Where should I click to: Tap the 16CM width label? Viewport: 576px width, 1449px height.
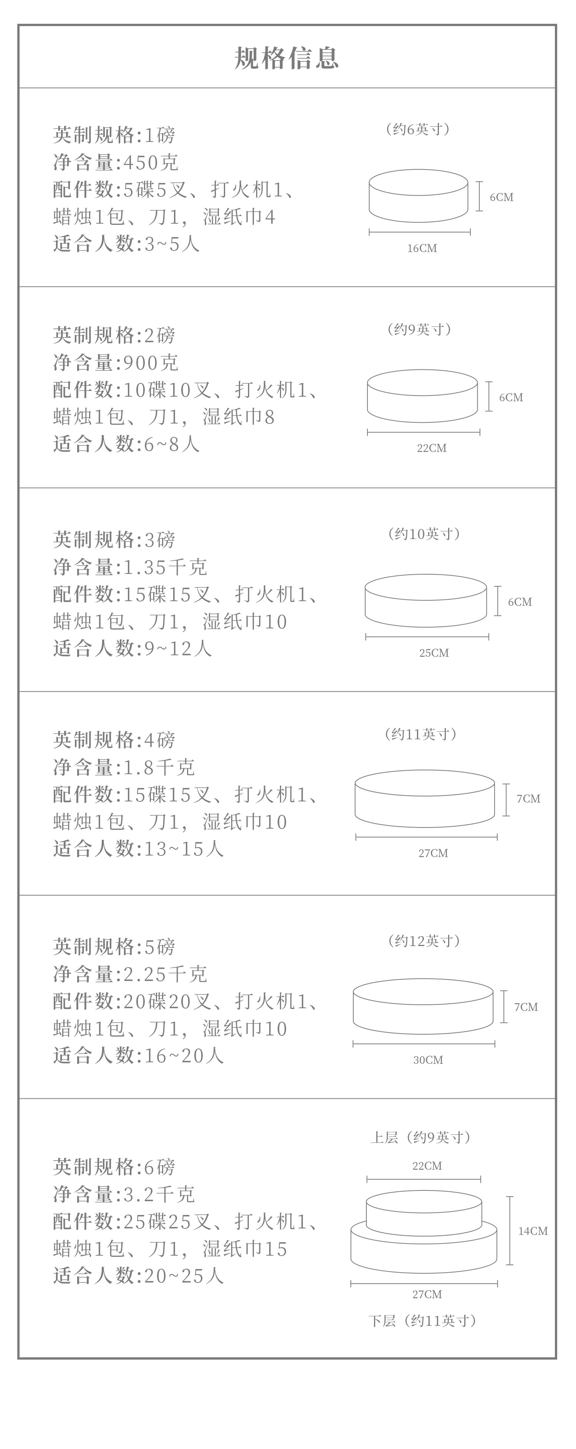(422, 248)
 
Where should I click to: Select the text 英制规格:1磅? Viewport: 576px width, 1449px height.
(114, 135)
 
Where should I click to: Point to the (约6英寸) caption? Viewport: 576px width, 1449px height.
(417, 129)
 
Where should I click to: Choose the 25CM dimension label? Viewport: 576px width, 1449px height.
(434, 653)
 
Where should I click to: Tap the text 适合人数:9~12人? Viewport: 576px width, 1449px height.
(132, 649)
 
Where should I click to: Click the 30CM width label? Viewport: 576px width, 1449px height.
(428, 1060)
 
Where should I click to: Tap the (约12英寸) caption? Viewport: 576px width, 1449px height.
(424, 941)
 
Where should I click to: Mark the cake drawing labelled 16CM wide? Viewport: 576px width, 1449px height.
(418, 196)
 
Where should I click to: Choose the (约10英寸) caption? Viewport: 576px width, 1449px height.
(424, 534)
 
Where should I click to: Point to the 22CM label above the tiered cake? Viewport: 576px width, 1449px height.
(427, 1166)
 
